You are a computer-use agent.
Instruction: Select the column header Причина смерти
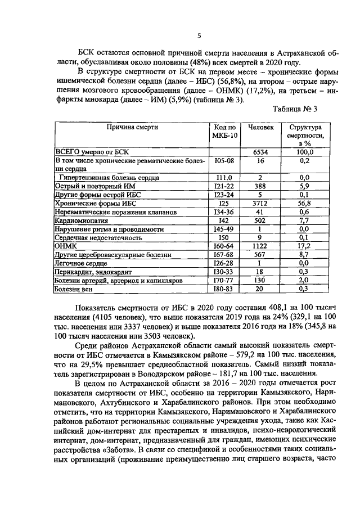[133, 128]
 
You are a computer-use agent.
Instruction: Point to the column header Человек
[260, 128]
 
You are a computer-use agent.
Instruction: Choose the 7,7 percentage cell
[304, 221]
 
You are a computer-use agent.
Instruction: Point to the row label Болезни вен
[73, 290]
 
